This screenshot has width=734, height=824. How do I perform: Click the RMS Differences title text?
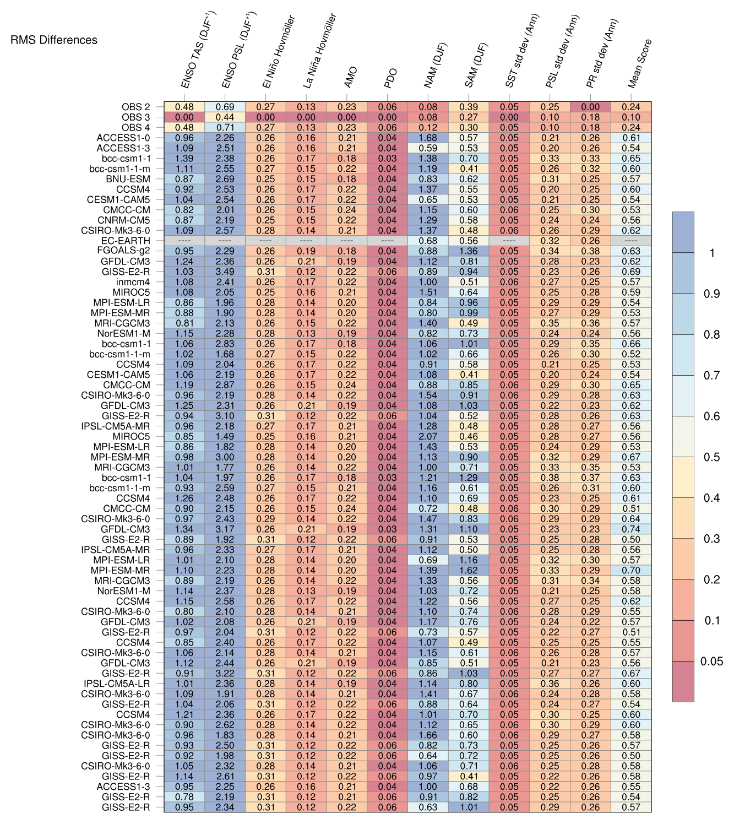click(54, 40)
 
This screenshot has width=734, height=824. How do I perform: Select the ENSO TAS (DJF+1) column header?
click(199, 51)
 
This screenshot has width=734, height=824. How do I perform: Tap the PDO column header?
click(390, 78)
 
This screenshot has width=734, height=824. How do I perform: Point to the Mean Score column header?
click(640, 63)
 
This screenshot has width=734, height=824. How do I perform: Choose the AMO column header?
click(351, 77)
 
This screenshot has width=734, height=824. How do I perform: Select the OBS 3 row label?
click(135, 117)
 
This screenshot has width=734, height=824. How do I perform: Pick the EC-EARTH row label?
click(126, 241)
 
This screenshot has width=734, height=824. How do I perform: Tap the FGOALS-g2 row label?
click(123, 251)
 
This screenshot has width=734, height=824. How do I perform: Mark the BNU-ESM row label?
click(128, 179)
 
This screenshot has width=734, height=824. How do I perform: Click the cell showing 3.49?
click(225, 272)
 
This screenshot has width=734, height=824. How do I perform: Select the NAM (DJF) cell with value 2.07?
click(428, 437)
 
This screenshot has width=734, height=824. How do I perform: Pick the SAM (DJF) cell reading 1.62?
click(469, 571)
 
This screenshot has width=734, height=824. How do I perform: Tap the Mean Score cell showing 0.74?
click(631, 529)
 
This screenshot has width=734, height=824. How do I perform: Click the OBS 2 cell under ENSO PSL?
click(225, 107)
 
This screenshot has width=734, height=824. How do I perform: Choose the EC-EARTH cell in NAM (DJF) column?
click(428, 241)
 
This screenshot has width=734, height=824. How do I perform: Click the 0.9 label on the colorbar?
click(711, 294)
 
